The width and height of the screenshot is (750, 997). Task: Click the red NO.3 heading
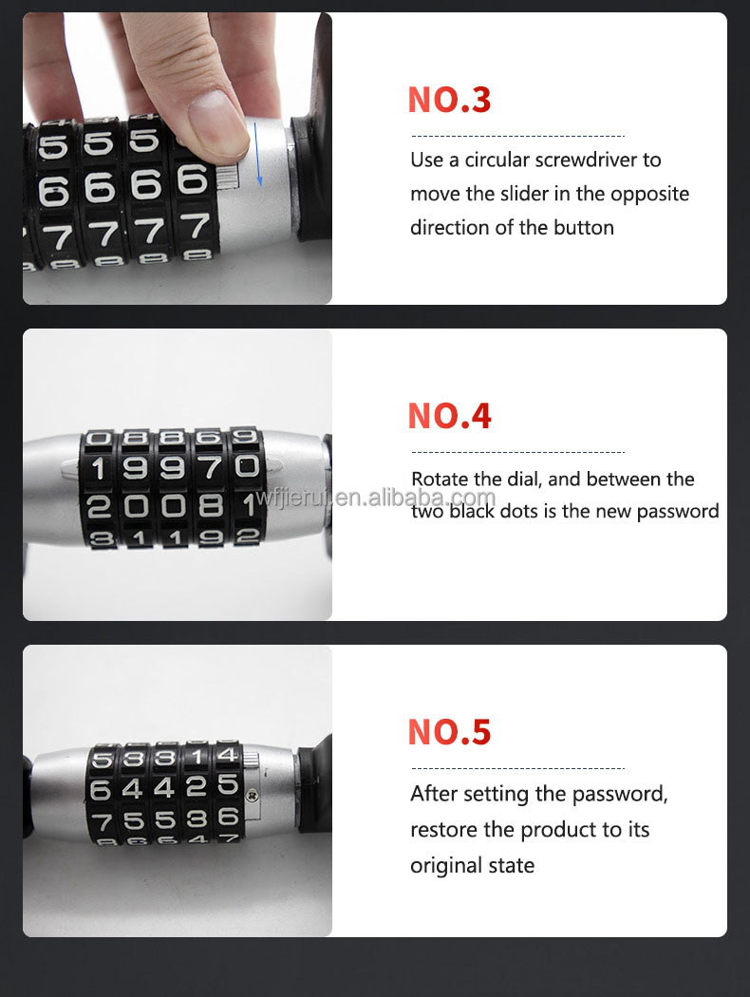pyautogui.click(x=449, y=100)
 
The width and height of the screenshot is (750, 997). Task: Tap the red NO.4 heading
pyautogui.click(x=449, y=416)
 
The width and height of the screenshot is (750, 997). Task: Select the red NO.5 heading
pyautogui.click(x=449, y=732)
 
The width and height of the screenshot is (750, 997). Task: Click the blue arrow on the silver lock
pyautogui.click(x=257, y=154)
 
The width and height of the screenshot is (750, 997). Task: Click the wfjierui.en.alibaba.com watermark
pyautogui.click(x=376, y=498)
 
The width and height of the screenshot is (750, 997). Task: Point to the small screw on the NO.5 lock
pyautogui.click(x=252, y=794)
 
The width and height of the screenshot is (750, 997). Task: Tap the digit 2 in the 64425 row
pyautogui.click(x=197, y=786)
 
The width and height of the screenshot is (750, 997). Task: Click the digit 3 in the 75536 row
pyautogui.click(x=197, y=818)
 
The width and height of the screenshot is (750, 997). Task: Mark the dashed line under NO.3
pyautogui.click(x=518, y=136)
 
